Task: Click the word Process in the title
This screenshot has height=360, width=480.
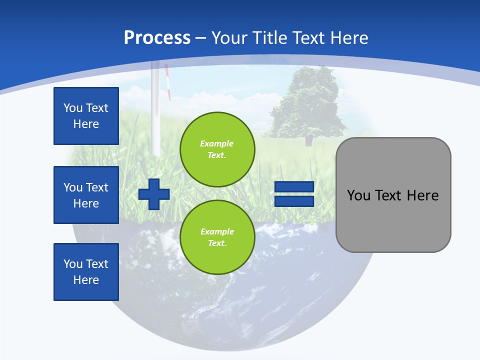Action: tap(157, 37)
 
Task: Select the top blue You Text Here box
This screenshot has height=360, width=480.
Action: tap(86, 116)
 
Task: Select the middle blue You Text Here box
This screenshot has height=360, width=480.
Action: tap(86, 195)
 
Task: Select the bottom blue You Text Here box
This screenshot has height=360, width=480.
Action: tap(86, 272)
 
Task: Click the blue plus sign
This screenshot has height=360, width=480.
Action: tap(154, 194)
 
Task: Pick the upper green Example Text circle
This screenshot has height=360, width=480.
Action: tap(217, 149)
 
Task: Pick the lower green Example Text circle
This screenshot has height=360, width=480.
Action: tap(217, 237)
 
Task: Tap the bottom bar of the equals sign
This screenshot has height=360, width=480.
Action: tap(294, 201)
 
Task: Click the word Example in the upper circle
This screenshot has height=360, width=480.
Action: tap(217, 143)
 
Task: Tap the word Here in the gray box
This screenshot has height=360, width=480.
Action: tap(422, 195)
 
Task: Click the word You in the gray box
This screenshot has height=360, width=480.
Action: tap(359, 195)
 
